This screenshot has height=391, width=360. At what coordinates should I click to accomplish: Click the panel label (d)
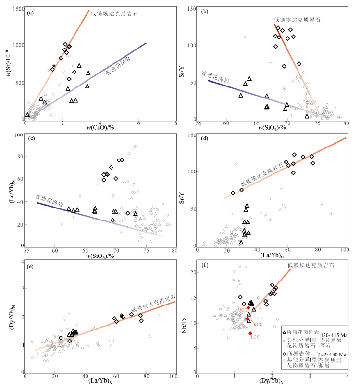coord(205,140)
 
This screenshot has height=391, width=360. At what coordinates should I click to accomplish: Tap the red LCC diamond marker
coord(250,333)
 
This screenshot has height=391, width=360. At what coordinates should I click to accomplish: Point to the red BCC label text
coord(258,325)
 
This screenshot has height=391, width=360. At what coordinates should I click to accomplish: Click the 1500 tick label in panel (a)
coord(15,9)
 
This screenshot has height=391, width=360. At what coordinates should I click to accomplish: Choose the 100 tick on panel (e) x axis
coord(174,377)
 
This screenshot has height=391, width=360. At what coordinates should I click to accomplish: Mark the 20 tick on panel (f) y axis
coord(193,273)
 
